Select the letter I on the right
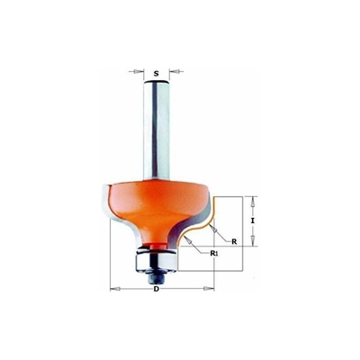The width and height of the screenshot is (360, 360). click(x=254, y=219)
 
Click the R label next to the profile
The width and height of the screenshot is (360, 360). click(x=233, y=241)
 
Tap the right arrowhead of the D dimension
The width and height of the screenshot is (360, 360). click(x=215, y=288)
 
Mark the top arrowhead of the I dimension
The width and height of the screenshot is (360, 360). click(x=255, y=199)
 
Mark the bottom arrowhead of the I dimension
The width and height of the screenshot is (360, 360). click(x=255, y=241)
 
